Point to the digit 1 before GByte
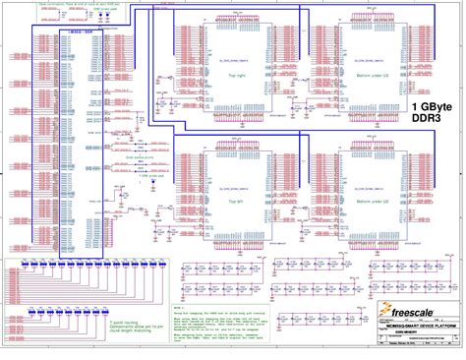415,105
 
